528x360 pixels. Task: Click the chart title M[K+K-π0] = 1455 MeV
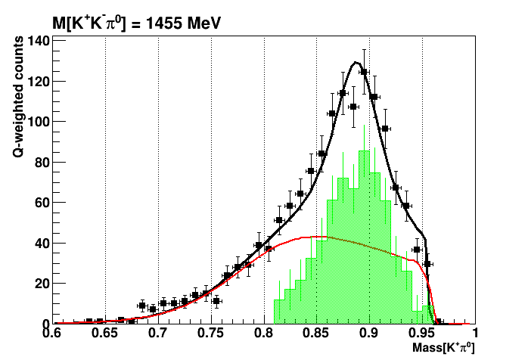pyautogui.click(x=136, y=23)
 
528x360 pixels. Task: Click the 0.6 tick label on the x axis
pyautogui.click(x=52, y=334)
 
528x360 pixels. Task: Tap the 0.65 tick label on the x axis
pyautogui.click(x=105, y=334)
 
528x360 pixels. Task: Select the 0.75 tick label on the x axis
pyautogui.click(x=211, y=334)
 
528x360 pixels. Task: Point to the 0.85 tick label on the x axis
pyautogui.click(x=317, y=334)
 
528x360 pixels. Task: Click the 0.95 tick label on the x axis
pyautogui.click(x=422, y=334)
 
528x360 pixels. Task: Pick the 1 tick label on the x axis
pyautogui.click(x=475, y=334)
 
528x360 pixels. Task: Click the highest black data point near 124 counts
pyautogui.click(x=364, y=73)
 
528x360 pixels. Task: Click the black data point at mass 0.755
pyautogui.click(x=216, y=301)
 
